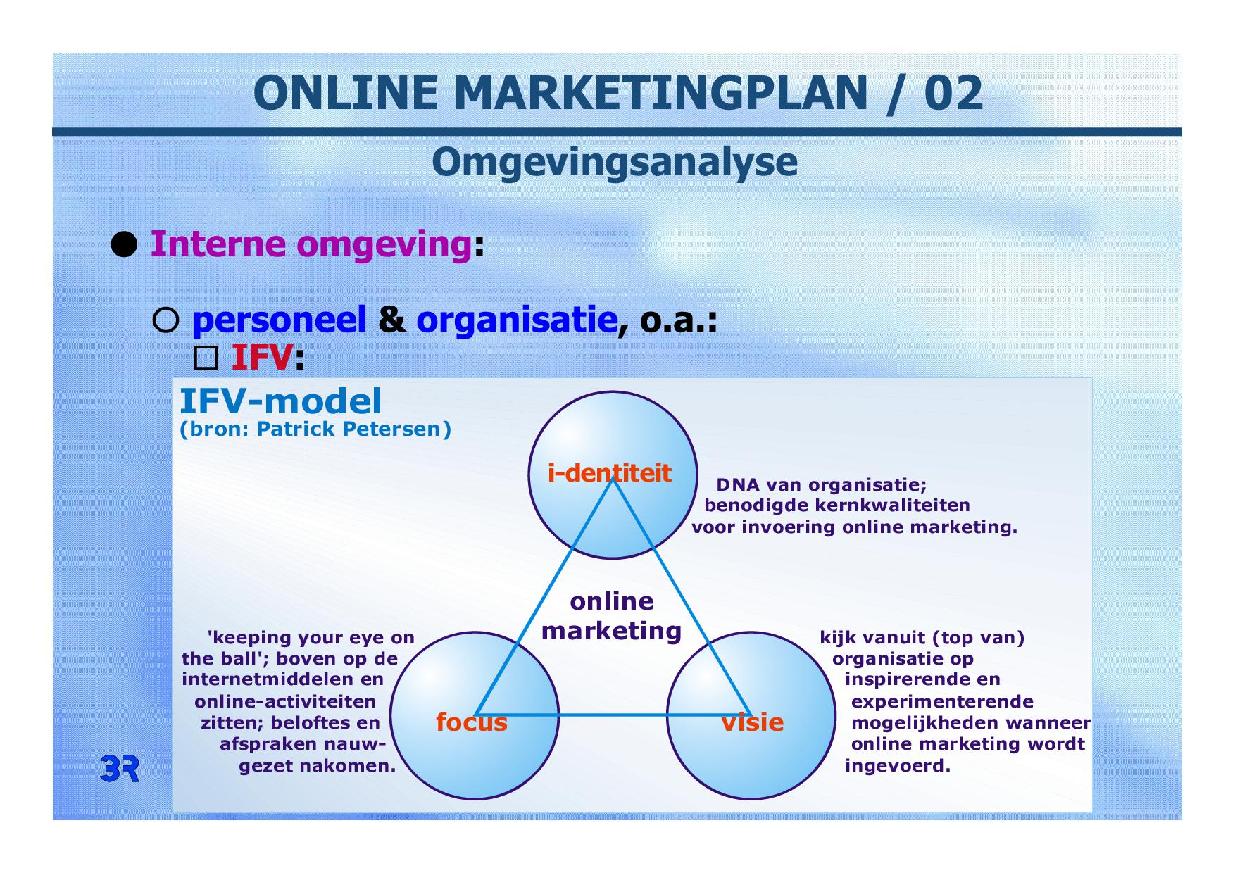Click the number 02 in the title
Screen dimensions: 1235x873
(x=953, y=93)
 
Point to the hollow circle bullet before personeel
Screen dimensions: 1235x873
(x=166, y=321)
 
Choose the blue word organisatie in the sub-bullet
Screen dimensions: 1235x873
(x=517, y=321)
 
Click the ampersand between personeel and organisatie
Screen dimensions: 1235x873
(x=391, y=321)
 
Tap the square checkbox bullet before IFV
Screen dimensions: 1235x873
(x=206, y=359)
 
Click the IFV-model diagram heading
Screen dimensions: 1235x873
(x=281, y=401)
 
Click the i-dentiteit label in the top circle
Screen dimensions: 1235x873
(x=610, y=473)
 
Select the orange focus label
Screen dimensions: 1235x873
(x=472, y=722)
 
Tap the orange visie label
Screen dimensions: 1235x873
(x=752, y=722)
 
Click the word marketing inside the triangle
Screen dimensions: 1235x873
(x=611, y=631)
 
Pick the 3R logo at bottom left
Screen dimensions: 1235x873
(x=120, y=770)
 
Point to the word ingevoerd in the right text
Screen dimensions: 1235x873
(x=898, y=766)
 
